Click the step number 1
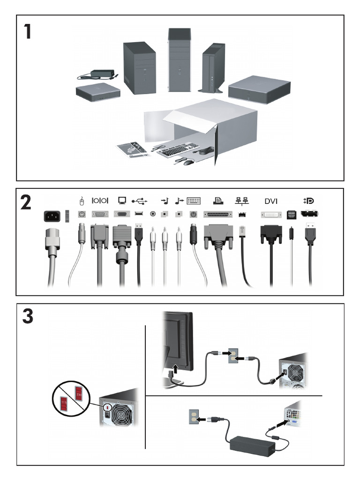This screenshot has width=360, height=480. click(x=29, y=31)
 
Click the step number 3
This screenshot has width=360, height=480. click(x=28, y=317)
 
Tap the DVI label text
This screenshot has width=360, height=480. click(x=270, y=201)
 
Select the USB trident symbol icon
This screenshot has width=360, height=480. click(x=139, y=201)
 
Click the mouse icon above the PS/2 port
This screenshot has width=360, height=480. click(x=81, y=201)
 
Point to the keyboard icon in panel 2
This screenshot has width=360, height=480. click(x=193, y=201)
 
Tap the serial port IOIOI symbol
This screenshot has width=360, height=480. click(x=99, y=201)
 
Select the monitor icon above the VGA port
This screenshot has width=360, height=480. click(x=122, y=201)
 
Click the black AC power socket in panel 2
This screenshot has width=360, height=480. click(x=52, y=216)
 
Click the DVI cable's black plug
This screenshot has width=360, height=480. click(x=271, y=233)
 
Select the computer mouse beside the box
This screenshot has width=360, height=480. click(x=188, y=162)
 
